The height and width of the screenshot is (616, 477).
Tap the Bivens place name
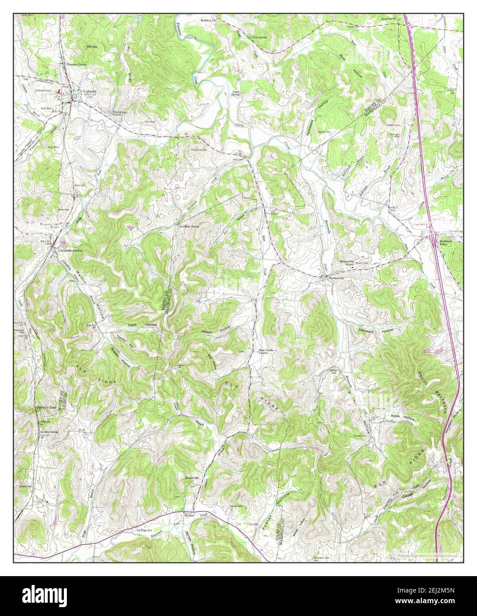pos(190,515)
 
